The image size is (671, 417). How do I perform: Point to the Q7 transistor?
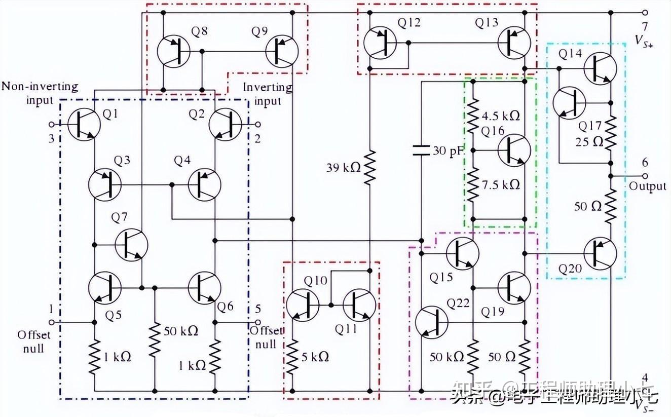point(131,245)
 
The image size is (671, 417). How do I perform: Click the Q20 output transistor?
point(600,252)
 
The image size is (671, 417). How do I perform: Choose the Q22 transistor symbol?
point(431,322)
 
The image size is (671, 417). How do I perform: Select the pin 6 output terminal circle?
point(645,176)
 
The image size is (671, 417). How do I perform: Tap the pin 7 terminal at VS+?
point(645,13)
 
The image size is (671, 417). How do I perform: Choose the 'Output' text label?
point(647,186)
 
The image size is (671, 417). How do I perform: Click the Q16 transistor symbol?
point(514,150)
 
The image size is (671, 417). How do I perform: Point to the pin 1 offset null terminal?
point(51,322)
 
